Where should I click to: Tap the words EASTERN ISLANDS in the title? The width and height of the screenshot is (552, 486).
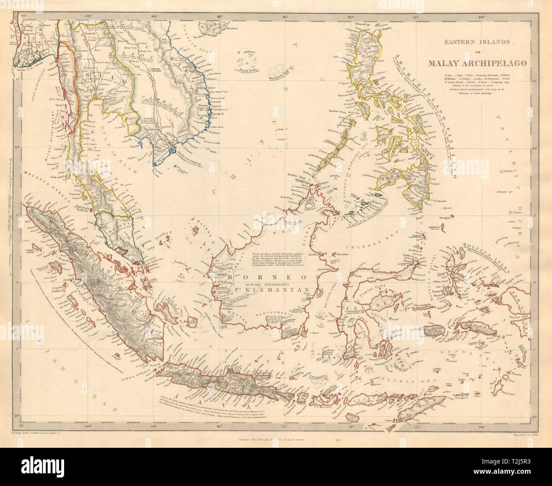coord(471,42)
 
